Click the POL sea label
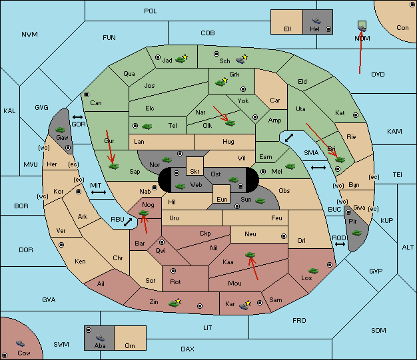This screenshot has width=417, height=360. (151, 11)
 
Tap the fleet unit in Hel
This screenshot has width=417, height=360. (316, 21)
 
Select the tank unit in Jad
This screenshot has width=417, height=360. (181, 60)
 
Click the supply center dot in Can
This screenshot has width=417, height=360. (87, 94)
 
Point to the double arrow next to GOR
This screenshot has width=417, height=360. (78, 117)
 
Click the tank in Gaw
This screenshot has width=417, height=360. (61, 130)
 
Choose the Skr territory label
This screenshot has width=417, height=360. (195, 172)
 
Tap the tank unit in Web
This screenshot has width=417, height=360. (181, 186)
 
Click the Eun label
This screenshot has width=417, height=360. (222, 199)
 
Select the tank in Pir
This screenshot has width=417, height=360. (356, 233)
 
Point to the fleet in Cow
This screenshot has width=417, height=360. (20, 343)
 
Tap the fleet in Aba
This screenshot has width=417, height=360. (100, 338)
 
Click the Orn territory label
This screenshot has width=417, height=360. (130, 345)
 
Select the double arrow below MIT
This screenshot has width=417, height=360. (99, 192)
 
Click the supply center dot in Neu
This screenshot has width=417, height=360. (284, 236)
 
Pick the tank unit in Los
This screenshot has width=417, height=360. (313, 271)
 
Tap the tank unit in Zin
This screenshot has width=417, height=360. (174, 303)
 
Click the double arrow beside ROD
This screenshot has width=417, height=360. (340, 244)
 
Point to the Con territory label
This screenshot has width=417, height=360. (402, 28)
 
